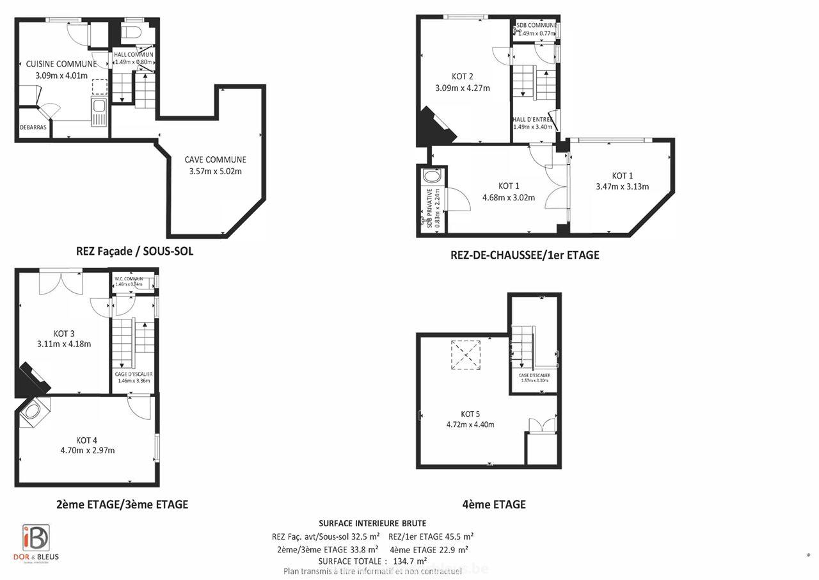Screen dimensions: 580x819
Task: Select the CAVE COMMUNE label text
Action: pos(215,160)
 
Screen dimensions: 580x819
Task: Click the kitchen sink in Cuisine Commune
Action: pos(99,112)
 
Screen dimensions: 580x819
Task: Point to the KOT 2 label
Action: pos(462,77)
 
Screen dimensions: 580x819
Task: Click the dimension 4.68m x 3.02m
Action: pos(508,198)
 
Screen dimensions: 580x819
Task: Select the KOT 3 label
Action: pos(64,334)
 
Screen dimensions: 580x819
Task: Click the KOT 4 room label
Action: pos(87,440)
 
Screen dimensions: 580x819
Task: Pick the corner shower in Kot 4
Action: pos(35,412)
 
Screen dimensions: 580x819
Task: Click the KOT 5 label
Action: pos(470,414)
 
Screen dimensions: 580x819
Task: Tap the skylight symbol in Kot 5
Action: pos(466,355)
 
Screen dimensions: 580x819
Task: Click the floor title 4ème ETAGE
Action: pos(493,504)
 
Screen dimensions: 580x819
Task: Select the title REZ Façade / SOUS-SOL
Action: pos(134,252)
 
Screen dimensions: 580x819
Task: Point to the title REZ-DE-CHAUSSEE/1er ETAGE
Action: pos(525,255)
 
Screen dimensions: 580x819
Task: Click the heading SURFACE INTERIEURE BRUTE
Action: pos(372,524)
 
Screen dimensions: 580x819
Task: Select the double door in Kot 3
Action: pos(61,282)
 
